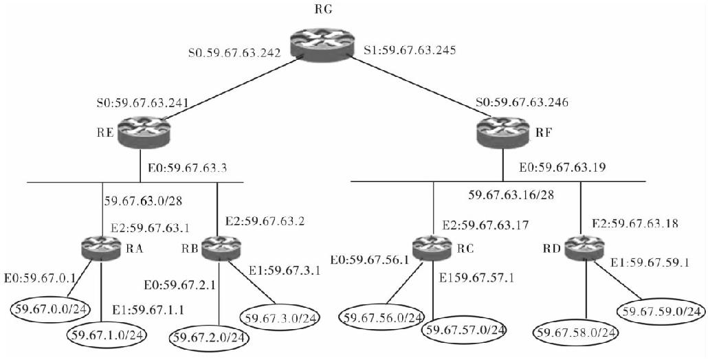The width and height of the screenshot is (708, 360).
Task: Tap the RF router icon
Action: click(503, 131)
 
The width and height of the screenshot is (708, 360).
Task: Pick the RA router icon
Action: click(101, 247)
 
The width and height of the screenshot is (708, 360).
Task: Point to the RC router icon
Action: click(432, 247)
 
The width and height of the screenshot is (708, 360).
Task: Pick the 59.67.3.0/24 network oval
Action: click(281, 317)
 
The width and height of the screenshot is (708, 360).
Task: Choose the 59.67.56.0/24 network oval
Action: click(383, 317)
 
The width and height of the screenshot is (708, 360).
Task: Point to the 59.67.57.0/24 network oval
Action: click(464, 330)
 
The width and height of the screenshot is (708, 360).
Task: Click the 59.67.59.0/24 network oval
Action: click(661, 311)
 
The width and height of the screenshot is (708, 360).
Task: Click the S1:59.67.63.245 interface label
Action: click(410, 50)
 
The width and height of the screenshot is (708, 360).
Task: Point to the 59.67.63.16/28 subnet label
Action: click(511, 195)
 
